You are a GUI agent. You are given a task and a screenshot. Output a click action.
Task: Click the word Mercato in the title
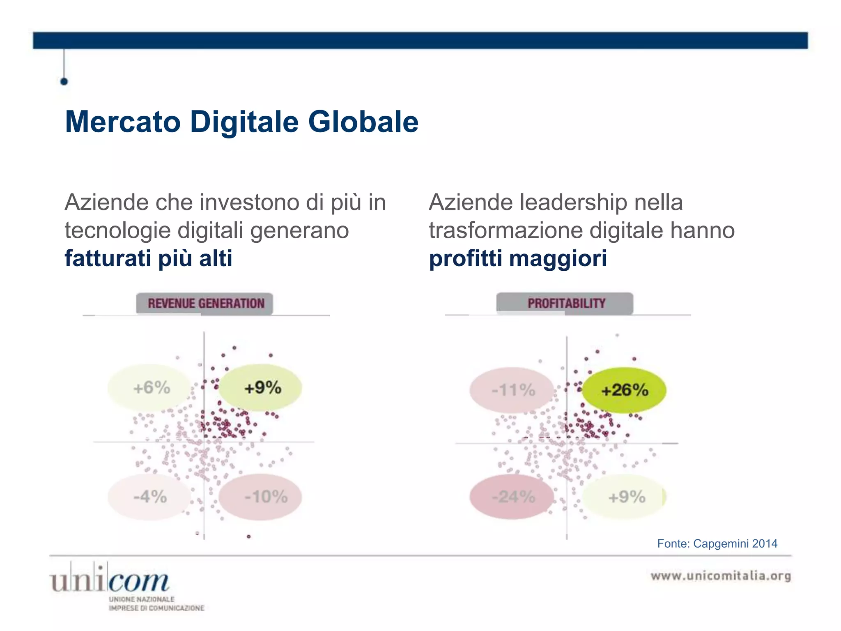tap(123, 122)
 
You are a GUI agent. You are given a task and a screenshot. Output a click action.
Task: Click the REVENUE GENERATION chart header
tap(205, 304)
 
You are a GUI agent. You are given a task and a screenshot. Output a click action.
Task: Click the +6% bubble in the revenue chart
tap(150, 388)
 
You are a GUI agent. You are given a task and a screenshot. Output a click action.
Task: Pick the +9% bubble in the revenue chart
tap(262, 388)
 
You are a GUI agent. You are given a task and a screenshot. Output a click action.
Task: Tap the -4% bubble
tap(149, 497)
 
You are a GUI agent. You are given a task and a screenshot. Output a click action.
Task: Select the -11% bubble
tap(512, 390)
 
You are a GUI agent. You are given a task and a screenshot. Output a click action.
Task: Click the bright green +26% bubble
tap(624, 390)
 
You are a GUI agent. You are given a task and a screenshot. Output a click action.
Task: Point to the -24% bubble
tap(512, 497)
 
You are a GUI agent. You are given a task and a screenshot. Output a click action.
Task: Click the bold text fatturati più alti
tap(148, 258)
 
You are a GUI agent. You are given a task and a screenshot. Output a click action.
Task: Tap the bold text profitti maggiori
tap(517, 258)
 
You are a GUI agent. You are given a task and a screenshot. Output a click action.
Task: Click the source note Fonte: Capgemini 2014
tap(717, 543)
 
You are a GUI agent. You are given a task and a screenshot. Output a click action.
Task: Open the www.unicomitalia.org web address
tap(721, 576)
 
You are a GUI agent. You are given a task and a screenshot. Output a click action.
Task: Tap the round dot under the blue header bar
tap(64, 81)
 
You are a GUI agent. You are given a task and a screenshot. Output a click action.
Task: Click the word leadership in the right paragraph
tap(574, 203)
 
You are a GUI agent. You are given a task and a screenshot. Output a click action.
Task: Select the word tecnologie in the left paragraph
tap(117, 230)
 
